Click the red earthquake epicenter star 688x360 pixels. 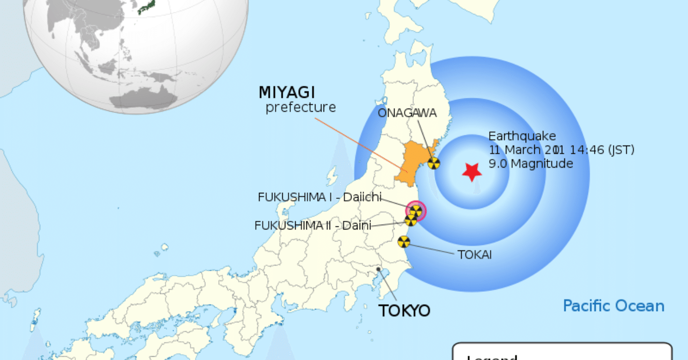click(x=471, y=171)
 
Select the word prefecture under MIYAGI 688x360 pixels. click(x=300, y=107)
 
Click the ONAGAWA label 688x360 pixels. click(x=407, y=113)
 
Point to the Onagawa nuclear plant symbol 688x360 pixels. click(x=434, y=163)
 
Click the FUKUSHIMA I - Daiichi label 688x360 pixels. click(x=320, y=197)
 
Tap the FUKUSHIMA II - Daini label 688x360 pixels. click(x=312, y=226)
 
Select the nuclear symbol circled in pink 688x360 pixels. click(x=415, y=211)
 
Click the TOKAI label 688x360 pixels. click(x=475, y=254)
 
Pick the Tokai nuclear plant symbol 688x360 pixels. click(x=404, y=242)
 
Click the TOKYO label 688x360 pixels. click(x=404, y=311)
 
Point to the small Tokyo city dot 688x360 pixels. click(x=378, y=269)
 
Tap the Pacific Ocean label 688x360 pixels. click(x=613, y=306)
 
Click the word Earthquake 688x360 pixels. click(x=522, y=136)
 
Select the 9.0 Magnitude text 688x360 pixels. click(x=531, y=163)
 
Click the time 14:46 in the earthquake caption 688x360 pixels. click(x=587, y=150)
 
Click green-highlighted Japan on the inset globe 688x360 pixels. click(x=147, y=6)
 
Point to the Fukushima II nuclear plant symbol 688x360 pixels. click(x=411, y=220)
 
